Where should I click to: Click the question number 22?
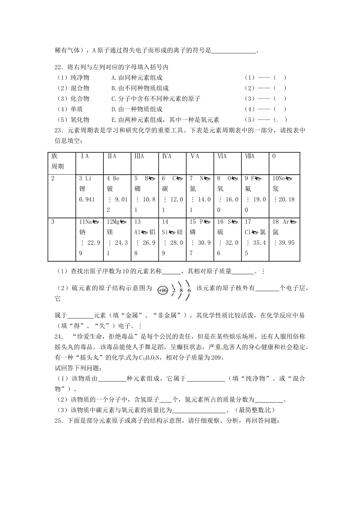[59, 67]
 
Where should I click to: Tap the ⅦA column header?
[250, 156]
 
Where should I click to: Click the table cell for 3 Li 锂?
[89, 189]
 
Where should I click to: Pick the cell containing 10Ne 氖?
[284, 189]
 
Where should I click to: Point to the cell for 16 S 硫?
[227, 232]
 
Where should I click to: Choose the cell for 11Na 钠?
[89, 232]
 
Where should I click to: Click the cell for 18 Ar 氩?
[284, 232]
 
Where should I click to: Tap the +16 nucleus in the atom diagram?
[163, 290]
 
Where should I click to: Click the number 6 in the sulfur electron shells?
[189, 291]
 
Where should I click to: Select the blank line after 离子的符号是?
[233, 50]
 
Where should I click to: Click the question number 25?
[59, 420]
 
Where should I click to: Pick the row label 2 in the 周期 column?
[53, 178]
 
